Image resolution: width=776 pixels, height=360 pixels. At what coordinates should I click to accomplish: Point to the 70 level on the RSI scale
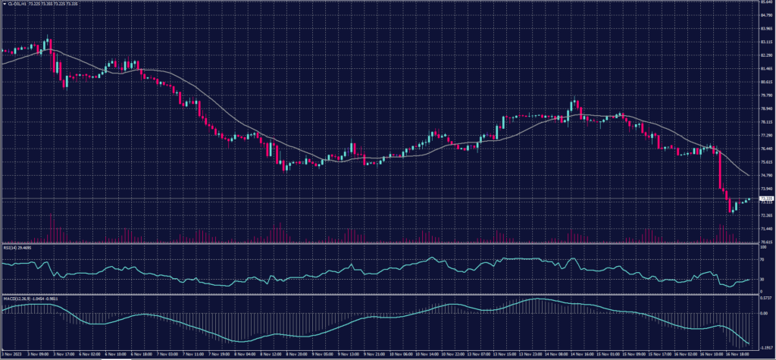click(x=762, y=259)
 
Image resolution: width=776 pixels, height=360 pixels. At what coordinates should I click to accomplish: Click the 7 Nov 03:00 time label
click(x=167, y=353)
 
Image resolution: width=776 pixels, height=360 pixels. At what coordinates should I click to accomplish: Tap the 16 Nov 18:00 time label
click(x=742, y=353)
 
